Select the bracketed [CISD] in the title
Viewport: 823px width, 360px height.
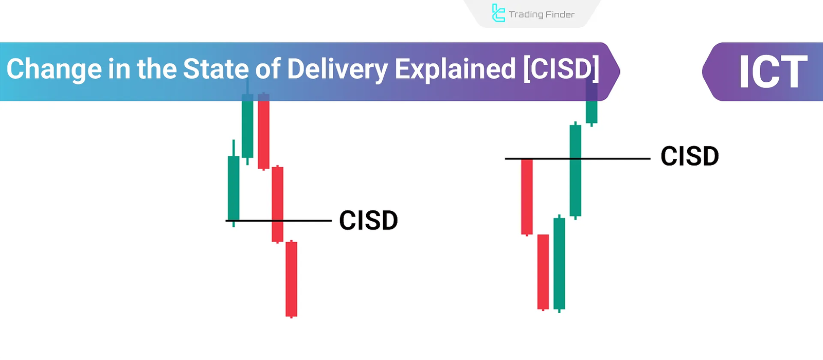(561, 69)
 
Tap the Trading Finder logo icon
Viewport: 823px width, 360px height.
(498, 13)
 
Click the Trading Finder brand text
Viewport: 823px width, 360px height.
(542, 14)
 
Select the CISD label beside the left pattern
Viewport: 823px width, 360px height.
(368, 221)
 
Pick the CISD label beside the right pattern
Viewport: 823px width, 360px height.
(689, 156)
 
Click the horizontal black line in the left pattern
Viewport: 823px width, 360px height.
(309, 221)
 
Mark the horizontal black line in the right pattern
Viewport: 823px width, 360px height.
(617, 159)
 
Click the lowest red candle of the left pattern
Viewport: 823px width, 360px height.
(292, 279)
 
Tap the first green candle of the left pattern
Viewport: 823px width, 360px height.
(234, 188)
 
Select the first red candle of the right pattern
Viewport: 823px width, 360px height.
(527, 196)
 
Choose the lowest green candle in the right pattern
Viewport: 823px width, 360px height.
(559, 263)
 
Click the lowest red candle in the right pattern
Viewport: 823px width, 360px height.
(543, 272)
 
